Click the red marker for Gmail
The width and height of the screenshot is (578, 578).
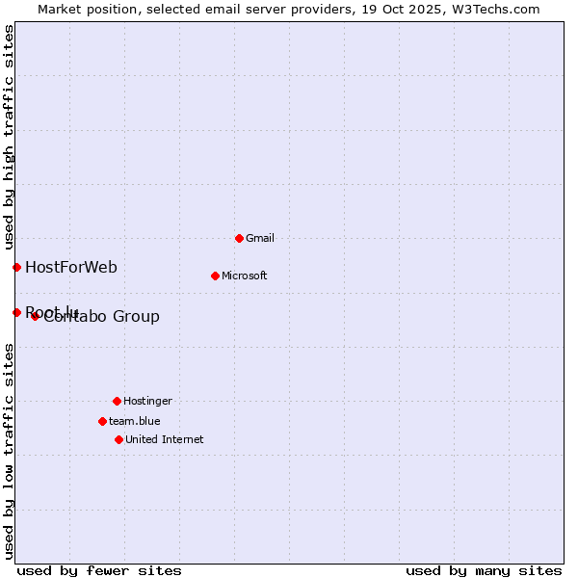tap(239, 238)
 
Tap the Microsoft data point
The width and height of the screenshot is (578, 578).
tap(215, 276)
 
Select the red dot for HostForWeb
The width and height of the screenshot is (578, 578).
tap(16, 267)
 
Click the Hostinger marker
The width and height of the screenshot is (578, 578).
tap(117, 401)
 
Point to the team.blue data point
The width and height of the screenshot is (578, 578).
tap(102, 421)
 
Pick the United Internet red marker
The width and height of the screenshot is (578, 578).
tap(118, 439)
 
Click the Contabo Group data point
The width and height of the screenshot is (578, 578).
tap(35, 316)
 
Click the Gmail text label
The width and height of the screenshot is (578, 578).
tap(260, 238)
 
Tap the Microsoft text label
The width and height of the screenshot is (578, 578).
tap(244, 276)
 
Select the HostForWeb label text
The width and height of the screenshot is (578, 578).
tap(71, 267)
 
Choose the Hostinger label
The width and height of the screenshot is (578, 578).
tap(147, 401)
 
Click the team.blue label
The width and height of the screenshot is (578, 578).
tap(135, 421)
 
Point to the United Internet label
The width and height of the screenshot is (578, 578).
tap(165, 439)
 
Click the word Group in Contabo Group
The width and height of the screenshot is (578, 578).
tap(137, 317)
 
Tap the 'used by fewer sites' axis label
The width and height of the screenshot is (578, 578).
tap(99, 570)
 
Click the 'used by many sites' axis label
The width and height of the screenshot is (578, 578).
tap(484, 570)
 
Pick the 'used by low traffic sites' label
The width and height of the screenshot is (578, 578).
tap(9, 450)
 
